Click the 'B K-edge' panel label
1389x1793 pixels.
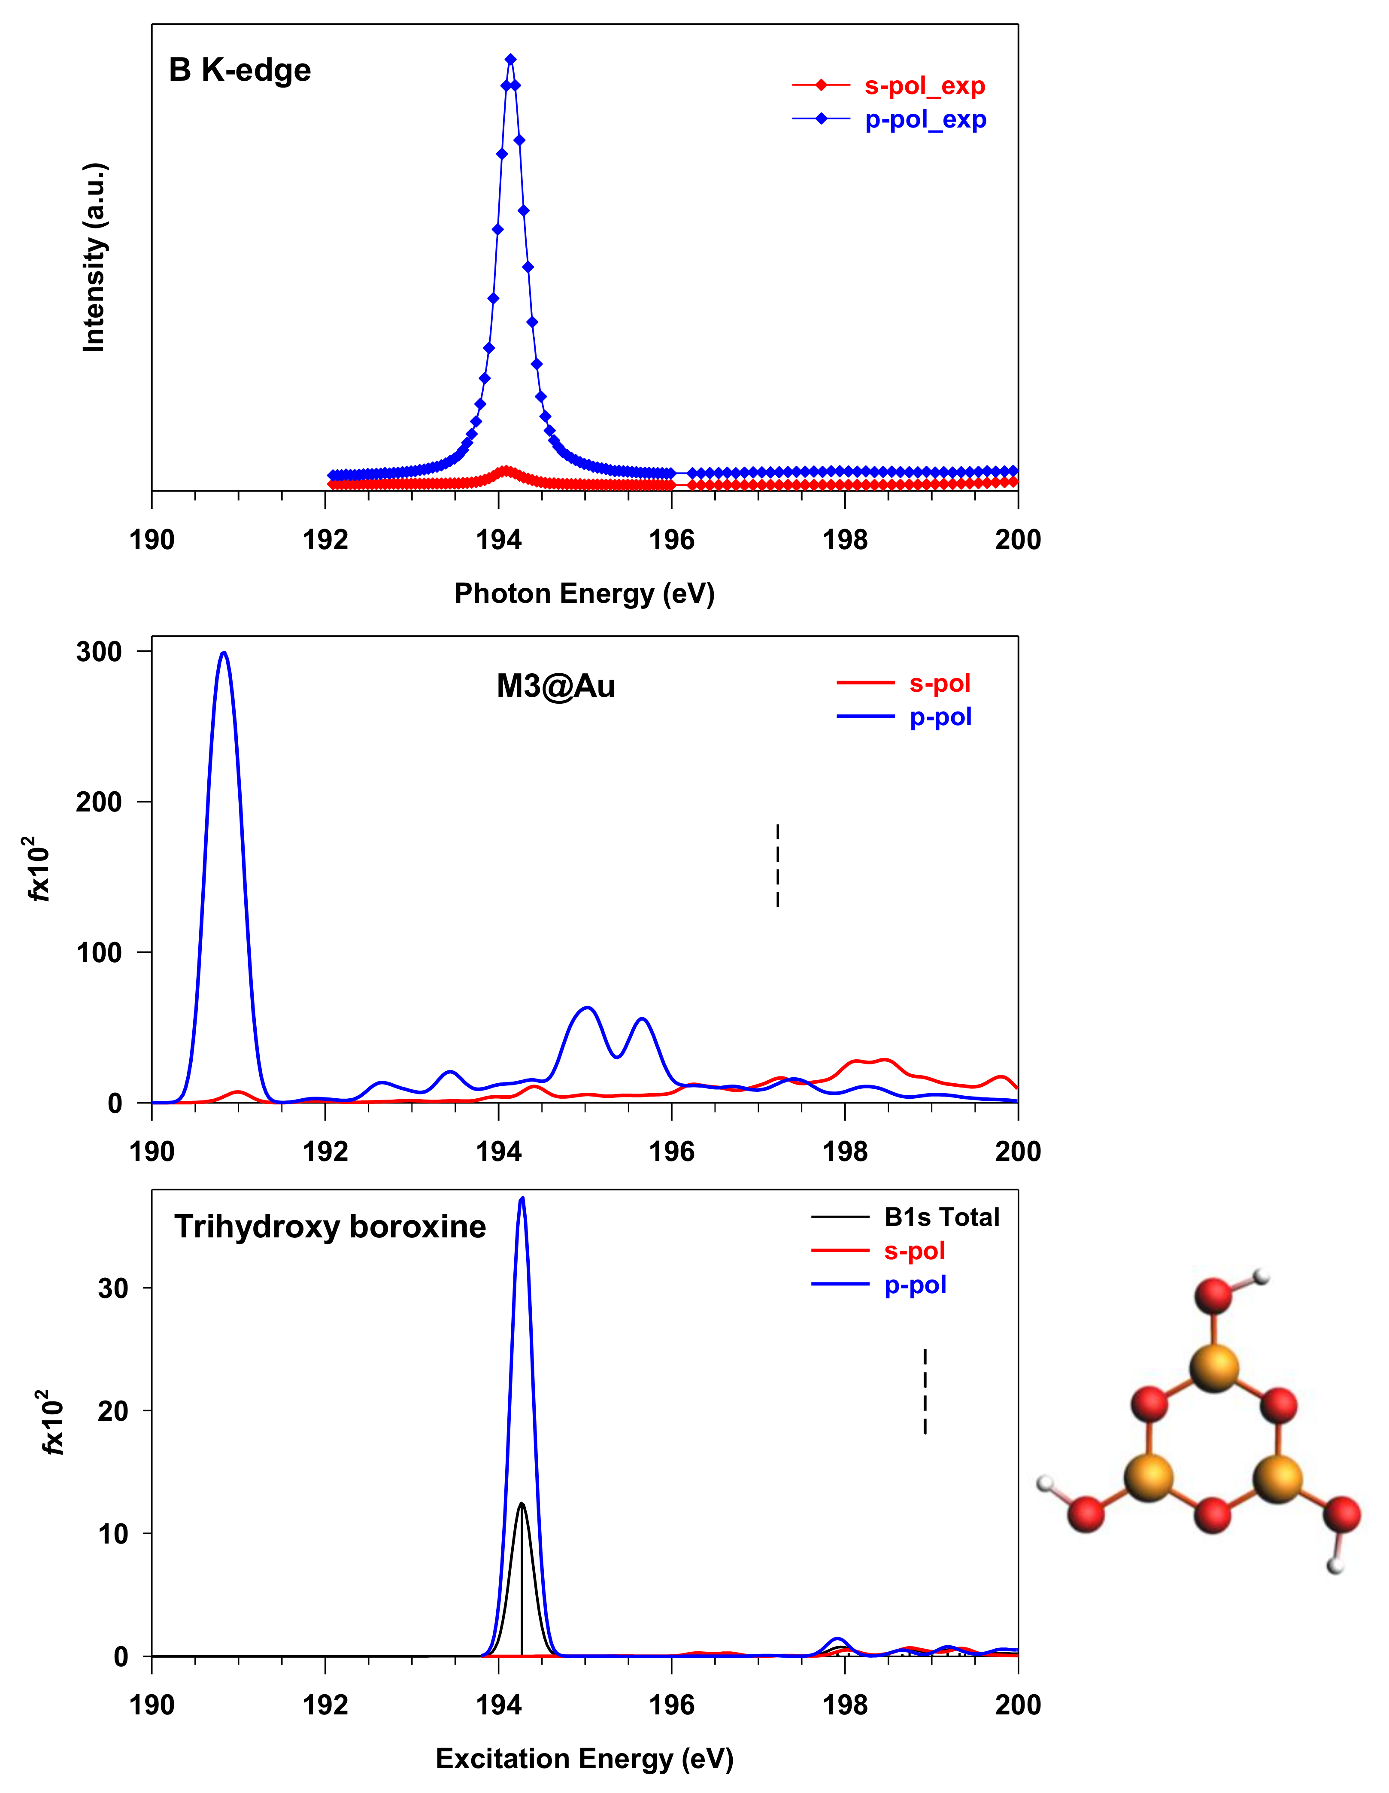point(240,70)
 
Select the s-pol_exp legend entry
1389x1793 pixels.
point(925,85)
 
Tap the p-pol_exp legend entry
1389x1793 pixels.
point(925,120)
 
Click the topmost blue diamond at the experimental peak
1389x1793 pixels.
point(511,59)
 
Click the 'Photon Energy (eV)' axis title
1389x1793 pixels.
point(585,593)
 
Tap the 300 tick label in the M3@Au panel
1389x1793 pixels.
point(99,652)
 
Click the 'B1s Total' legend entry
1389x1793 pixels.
point(942,1217)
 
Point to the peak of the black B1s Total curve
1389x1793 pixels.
point(521,1504)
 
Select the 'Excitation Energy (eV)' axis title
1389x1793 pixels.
point(585,1759)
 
